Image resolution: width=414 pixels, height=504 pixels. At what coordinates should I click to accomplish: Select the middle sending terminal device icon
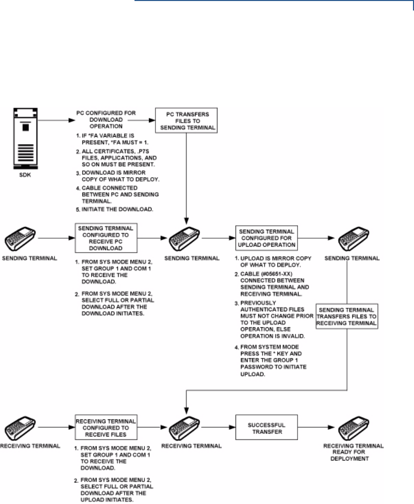pyautogui.click(x=186, y=237)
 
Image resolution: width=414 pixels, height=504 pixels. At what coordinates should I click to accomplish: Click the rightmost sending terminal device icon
pyautogui.click(x=353, y=237)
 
